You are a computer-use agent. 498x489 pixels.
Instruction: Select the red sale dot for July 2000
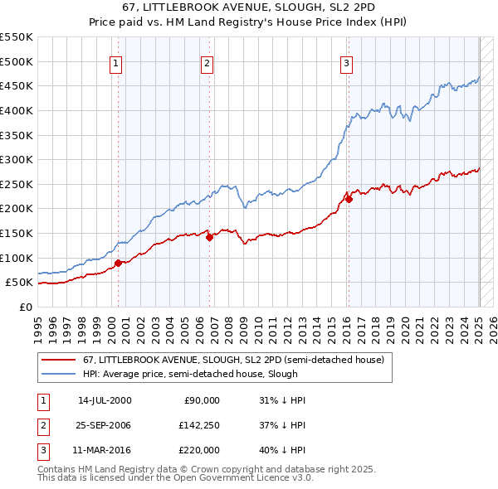tap(118, 263)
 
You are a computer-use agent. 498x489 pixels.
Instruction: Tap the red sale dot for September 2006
tap(209, 237)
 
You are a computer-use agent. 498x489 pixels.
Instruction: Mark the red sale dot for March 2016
tap(349, 199)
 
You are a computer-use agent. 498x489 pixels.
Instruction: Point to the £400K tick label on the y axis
tap(17, 110)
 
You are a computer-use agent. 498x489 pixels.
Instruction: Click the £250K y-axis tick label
tap(17, 184)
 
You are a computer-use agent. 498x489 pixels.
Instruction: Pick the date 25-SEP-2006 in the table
tap(104, 425)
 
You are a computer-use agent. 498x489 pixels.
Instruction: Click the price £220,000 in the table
tap(199, 450)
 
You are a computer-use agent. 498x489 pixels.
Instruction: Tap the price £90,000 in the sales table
tap(202, 400)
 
